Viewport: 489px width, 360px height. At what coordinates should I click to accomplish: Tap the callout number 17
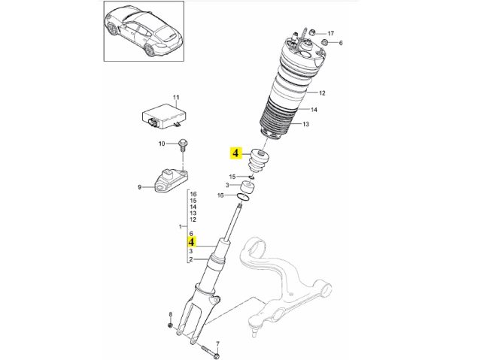pos(330,33)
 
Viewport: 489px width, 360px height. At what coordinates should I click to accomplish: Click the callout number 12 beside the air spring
pos(321,93)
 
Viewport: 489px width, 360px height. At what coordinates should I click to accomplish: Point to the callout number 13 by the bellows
pos(305,124)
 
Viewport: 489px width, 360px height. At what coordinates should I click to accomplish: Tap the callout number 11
pos(178,98)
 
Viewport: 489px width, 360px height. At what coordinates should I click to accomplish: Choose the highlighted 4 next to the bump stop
pos(235,154)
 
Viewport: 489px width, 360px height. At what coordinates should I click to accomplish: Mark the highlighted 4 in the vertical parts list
pos(192,242)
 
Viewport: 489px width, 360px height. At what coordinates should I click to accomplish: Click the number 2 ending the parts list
pos(192,260)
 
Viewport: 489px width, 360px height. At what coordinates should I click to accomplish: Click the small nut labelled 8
pos(171,325)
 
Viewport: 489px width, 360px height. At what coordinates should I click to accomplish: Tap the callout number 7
pos(217,343)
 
